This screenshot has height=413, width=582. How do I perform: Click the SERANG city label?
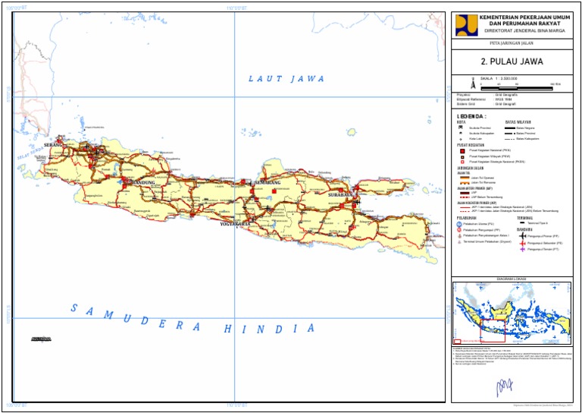coord(54,144)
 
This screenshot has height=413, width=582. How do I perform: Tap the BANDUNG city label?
coord(142,183)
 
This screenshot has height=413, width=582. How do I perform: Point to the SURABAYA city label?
coord(340,195)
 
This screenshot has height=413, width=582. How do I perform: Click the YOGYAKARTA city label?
coord(235,225)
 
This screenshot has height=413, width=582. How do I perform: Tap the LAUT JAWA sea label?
coord(287,78)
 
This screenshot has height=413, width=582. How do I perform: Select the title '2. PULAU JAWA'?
coord(512,62)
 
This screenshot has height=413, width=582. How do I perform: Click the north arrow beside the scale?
coord(467,80)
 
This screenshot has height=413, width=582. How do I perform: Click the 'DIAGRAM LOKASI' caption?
coord(512,279)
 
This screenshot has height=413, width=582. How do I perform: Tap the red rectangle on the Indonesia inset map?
coord(493,327)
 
